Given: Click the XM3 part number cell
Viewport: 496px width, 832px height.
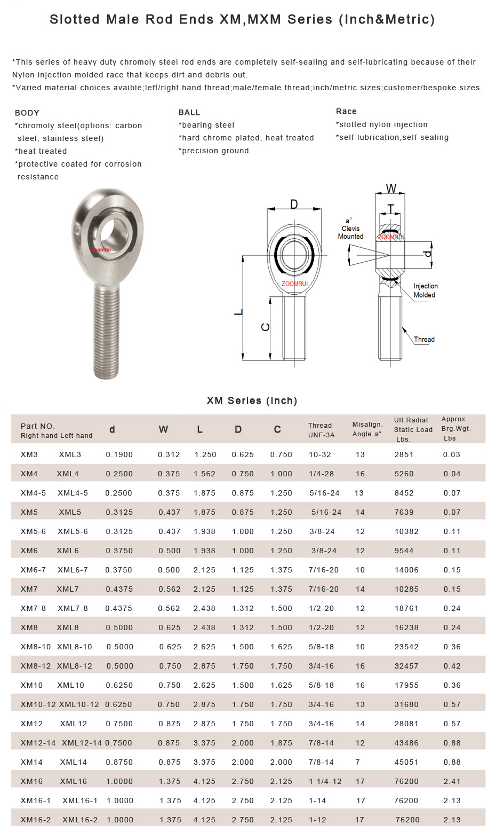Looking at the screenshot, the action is click(29, 454).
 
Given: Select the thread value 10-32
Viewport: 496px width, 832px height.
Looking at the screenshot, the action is click(320, 454).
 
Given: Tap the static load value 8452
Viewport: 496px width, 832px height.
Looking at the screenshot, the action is click(404, 493).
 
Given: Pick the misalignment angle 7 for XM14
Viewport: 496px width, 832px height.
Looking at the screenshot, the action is click(358, 762).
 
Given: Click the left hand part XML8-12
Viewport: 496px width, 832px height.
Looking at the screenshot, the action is click(74, 666).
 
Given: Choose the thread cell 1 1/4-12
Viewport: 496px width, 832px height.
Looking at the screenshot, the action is click(325, 781).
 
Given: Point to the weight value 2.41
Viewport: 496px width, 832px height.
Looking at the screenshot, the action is click(452, 781).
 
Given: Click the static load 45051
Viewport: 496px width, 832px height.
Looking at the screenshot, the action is click(406, 762).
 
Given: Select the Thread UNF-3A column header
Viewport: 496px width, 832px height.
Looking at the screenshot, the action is click(321, 430).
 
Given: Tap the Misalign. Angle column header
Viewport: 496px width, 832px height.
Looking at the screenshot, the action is click(367, 429).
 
